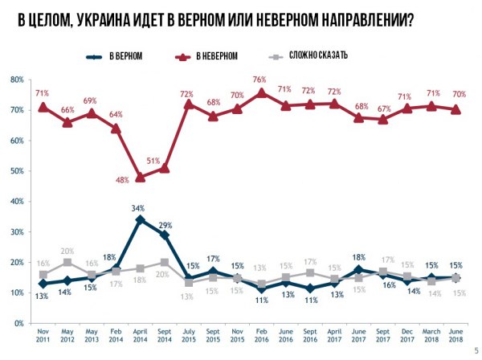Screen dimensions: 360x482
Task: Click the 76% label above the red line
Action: [259, 80]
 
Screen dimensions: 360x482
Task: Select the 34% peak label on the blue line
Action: [139, 207]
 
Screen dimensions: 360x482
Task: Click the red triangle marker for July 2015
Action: [189, 104]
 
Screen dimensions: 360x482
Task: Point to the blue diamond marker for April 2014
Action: [141, 219]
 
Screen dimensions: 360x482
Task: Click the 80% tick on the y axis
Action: [16, 80]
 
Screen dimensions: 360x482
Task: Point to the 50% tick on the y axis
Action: [16, 171]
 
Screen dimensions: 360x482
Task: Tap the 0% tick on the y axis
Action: [18, 323]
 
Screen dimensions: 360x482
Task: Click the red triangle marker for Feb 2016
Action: [261, 92]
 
